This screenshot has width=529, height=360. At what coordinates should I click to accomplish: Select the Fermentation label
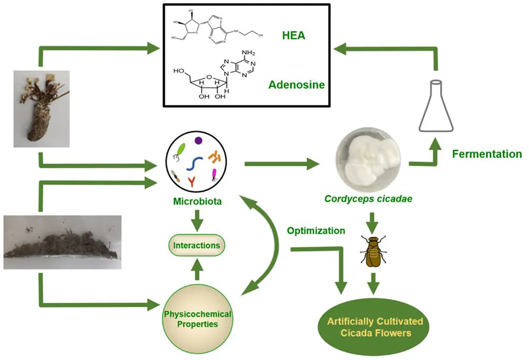[x=487, y=154]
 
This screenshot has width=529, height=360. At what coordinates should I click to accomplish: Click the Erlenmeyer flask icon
[x=436, y=106]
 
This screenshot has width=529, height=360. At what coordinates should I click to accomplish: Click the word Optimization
[x=316, y=231]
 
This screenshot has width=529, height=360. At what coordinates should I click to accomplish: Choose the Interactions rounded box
[x=197, y=246]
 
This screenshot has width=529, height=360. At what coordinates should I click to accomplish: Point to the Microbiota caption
[x=197, y=202]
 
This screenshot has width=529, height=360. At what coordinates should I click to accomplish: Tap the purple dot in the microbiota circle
[x=198, y=140]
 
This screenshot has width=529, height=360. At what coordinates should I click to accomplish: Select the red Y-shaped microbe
[x=191, y=182]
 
